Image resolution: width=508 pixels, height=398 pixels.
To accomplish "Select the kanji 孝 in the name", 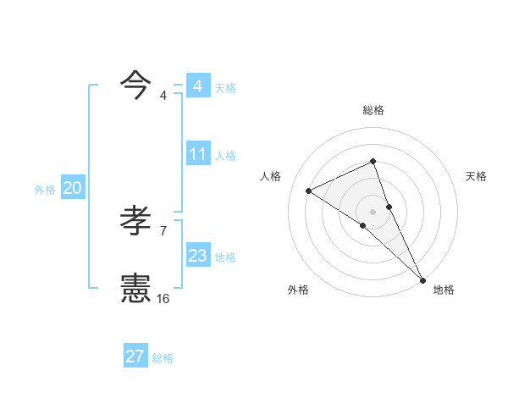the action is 135,221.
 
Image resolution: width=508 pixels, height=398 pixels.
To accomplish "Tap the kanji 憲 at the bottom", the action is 135,288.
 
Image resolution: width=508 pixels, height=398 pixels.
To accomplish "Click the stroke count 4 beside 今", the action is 163,96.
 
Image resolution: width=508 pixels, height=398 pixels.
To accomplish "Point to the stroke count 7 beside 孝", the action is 163,230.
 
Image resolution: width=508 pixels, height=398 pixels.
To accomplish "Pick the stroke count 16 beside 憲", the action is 163,298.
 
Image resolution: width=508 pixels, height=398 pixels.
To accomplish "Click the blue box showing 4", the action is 198,86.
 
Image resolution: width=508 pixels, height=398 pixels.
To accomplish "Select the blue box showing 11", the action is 198,154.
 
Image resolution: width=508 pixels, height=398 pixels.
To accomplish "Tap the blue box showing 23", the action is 198,256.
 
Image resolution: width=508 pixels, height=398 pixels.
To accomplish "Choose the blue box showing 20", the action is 72,189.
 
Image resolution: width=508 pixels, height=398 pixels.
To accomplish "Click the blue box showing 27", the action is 135,357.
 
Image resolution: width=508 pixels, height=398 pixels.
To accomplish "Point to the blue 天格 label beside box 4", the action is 225,87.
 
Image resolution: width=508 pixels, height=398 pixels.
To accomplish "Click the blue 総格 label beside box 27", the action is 163,358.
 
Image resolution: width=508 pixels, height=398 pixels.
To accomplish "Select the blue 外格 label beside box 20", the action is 45,190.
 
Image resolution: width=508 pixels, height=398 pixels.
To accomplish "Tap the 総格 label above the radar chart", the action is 373,110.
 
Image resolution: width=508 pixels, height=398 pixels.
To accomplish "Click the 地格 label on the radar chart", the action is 444,290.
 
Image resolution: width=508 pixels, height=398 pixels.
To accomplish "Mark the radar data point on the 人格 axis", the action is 309,191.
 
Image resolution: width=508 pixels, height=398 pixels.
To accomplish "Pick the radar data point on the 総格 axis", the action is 373,162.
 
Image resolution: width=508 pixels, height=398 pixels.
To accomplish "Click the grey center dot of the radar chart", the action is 373,211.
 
